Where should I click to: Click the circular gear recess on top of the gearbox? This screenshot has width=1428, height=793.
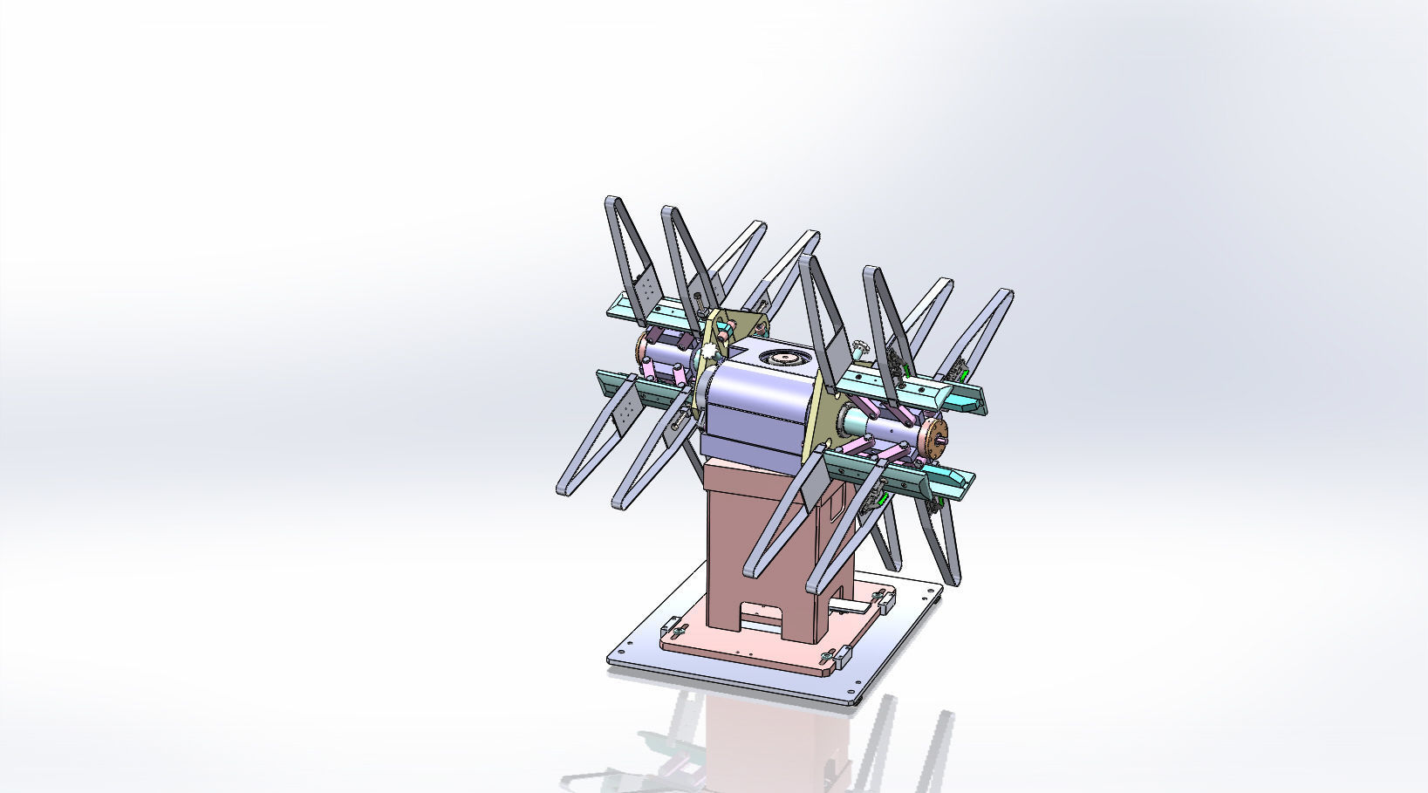(782, 358)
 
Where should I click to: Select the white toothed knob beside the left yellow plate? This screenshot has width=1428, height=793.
(708, 352)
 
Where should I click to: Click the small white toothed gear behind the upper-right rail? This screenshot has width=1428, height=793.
(862, 349)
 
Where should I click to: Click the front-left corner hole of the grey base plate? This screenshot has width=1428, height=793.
(625, 649)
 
